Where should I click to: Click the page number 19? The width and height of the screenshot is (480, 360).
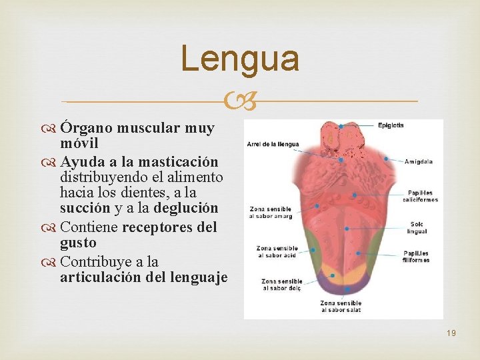451,332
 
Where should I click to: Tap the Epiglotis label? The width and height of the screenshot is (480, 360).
391,125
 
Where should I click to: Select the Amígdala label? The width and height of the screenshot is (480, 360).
419,161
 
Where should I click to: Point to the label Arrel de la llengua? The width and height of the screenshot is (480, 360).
273,144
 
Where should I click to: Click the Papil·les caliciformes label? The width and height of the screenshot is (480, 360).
423,196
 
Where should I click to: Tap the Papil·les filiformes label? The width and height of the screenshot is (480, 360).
417,257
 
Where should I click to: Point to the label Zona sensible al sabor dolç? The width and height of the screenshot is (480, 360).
282,285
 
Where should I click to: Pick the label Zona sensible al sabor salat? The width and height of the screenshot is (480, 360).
341,307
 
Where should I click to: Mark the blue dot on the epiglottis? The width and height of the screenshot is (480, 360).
341,125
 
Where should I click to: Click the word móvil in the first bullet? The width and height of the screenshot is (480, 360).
79,143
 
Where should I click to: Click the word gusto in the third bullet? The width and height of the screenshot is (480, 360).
78,243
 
